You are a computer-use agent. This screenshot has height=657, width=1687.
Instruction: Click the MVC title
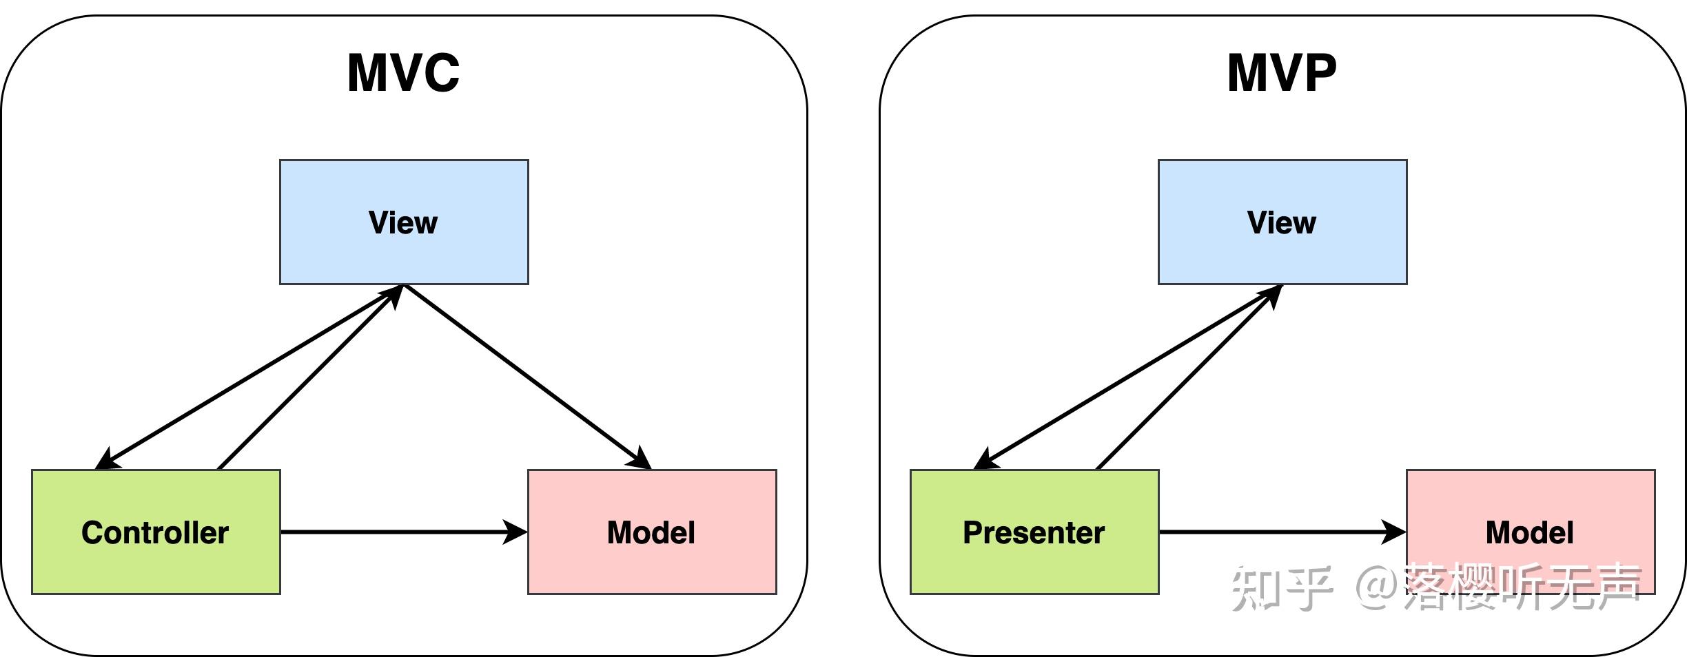(x=403, y=73)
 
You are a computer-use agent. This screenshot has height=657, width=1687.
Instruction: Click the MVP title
(x=1282, y=73)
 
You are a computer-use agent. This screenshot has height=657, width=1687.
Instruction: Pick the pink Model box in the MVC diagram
(x=652, y=565)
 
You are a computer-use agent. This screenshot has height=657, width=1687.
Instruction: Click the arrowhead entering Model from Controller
(x=515, y=532)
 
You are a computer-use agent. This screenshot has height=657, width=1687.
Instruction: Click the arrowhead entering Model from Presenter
(x=1393, y=532)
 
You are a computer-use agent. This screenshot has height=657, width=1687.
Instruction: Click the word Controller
(x=155, y=532)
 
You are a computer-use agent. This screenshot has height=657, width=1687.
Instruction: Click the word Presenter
(x=1034, y=532)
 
